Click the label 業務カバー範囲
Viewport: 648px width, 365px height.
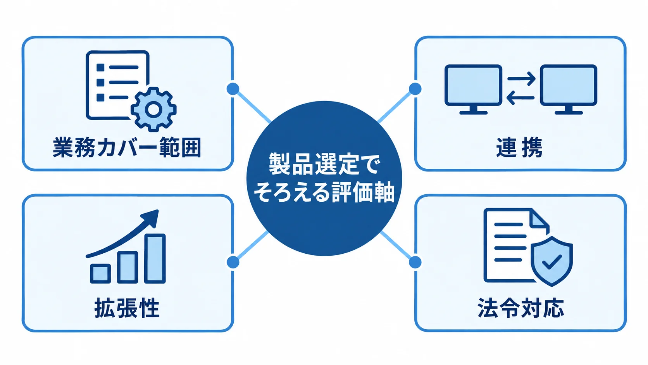(127, 148)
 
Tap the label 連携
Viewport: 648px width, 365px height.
(519, 148)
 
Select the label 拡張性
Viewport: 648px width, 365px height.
(127, 308)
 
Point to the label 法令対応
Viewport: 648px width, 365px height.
(521, 308)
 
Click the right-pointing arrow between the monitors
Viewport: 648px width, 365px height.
(521, 79)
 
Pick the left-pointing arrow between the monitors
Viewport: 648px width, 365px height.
(521, 98)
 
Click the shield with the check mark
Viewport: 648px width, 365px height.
(551, 261)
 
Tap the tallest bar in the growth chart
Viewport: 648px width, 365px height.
(155, 258)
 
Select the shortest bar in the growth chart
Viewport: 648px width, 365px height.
(100, 273)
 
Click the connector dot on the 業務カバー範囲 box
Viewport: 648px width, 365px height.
(233, 88)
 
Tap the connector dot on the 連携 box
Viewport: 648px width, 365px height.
(415, 88)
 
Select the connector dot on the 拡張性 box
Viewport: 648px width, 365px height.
(233, 262)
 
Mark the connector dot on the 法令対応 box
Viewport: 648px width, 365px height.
(415, 262)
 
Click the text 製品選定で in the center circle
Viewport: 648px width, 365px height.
(324, 164)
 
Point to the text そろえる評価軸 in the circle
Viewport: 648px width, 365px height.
(324, 192)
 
